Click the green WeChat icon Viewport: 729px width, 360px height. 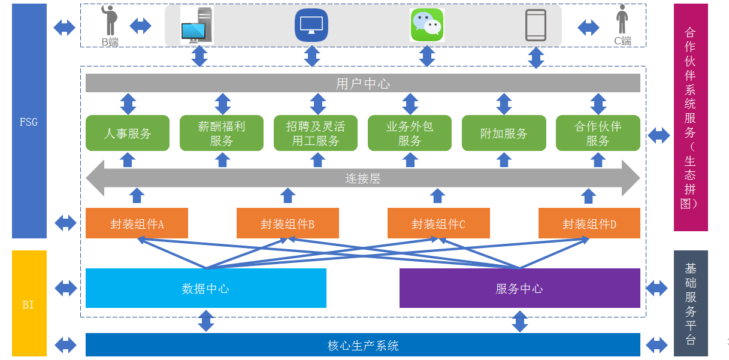(427, 25)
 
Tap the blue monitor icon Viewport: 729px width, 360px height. (311, 25)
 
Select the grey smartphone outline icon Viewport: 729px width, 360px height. (536, 25)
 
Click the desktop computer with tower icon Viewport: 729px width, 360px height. (197, 25)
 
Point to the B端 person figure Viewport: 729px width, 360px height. (110, 20)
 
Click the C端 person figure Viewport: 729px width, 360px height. (622, 19)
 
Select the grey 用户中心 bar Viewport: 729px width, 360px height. (363, 83)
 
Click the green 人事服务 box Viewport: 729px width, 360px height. (128, 133)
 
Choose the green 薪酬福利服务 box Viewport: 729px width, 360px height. (222, 133)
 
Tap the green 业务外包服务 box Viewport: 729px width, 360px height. (410, 133)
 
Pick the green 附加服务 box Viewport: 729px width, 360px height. (504, 133)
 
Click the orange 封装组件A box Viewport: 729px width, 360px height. (137, 223)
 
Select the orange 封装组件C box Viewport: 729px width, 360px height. (438, 223)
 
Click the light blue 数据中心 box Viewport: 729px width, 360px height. (206, 288)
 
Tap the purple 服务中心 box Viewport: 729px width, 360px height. (520, 288)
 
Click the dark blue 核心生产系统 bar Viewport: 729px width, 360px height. (363, 344)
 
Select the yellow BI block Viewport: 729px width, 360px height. (29, 303)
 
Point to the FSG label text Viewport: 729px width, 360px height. (29, 122)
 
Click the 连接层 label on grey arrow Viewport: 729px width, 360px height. (363, 179)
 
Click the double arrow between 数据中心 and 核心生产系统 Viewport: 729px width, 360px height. (206, 320)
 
